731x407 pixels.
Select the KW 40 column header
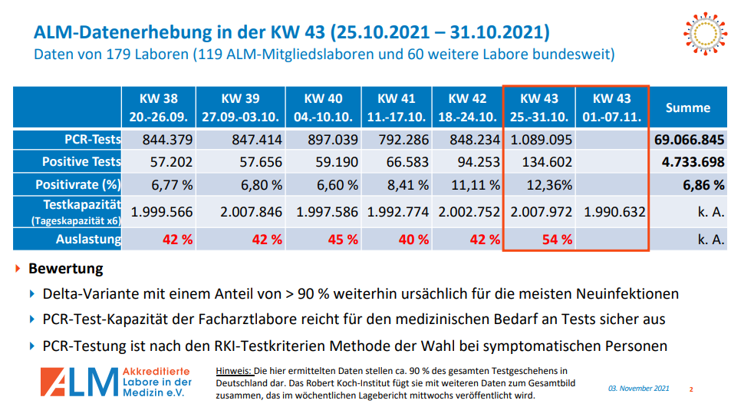pos(323,108)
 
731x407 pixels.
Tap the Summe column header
pos(687,108)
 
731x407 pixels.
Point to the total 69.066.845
pos(690,141)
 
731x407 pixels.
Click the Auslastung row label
pos(90,239)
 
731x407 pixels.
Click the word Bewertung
pos(65,270)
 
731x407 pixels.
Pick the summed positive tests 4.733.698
pos(693,162)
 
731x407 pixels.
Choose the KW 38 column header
pos(158,108)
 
